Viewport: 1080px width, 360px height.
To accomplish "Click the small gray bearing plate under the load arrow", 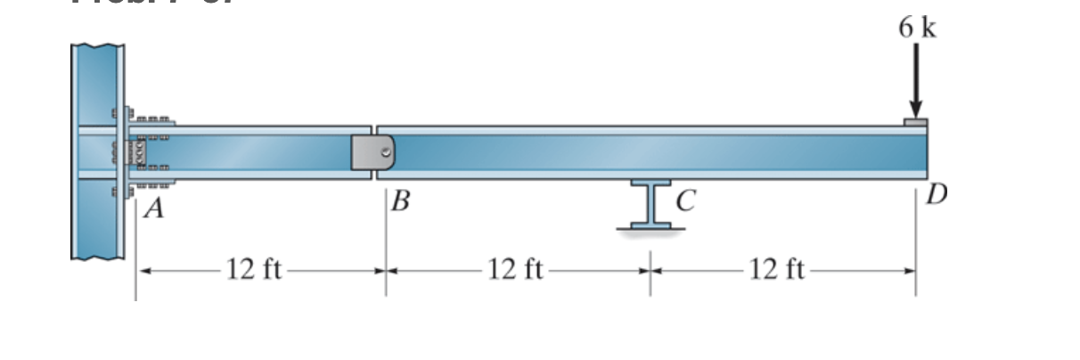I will click(x=916, y=122).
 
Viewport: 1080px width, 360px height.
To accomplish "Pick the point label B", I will click(x=400, y=202).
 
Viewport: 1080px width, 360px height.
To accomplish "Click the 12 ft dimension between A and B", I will click(x=254, y=267).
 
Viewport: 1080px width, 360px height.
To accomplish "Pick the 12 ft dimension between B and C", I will click(x=517, y=267).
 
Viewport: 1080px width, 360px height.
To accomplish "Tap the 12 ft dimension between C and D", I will click(x=779, y=267).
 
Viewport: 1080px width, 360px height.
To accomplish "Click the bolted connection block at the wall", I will click(x=143, y=153).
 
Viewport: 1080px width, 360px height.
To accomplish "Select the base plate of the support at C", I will click(x=650, y=226).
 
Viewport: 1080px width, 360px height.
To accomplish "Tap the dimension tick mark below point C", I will click(x=650, y=266).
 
